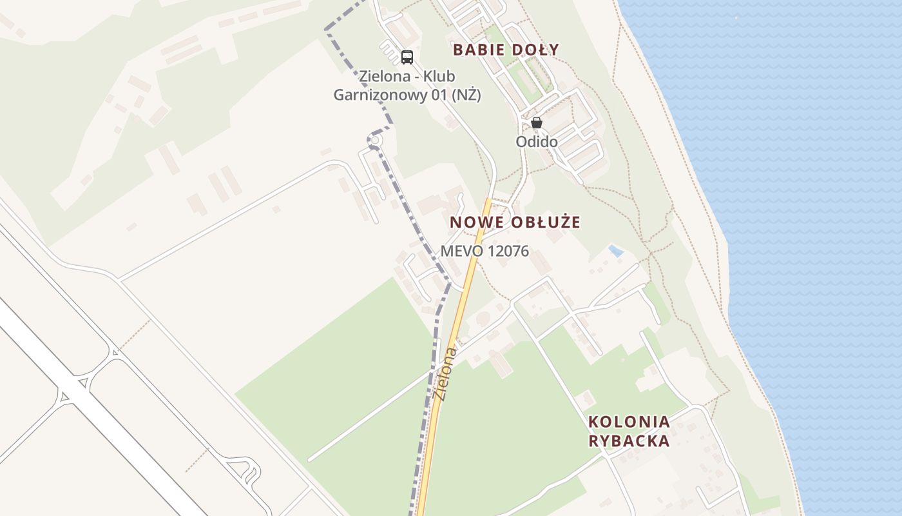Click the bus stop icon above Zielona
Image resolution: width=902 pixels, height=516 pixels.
pos(407,57)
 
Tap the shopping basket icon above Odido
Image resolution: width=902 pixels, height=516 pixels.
pos(536,122)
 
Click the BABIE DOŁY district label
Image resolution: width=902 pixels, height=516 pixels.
pos(506,50)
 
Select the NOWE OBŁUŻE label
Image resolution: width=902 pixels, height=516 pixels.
pos(515,223)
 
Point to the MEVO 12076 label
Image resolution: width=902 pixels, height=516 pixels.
pos(485,252)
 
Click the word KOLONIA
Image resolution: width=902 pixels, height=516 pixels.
pos(629,422)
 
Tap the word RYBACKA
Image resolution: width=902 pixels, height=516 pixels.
pos(629,442)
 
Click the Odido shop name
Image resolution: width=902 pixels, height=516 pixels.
pos(536,141)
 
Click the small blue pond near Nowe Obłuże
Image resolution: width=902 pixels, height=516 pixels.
pos(616,250)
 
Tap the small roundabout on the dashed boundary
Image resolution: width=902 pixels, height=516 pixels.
pos(375,140)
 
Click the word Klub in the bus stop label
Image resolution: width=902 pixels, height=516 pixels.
pos(440,77)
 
